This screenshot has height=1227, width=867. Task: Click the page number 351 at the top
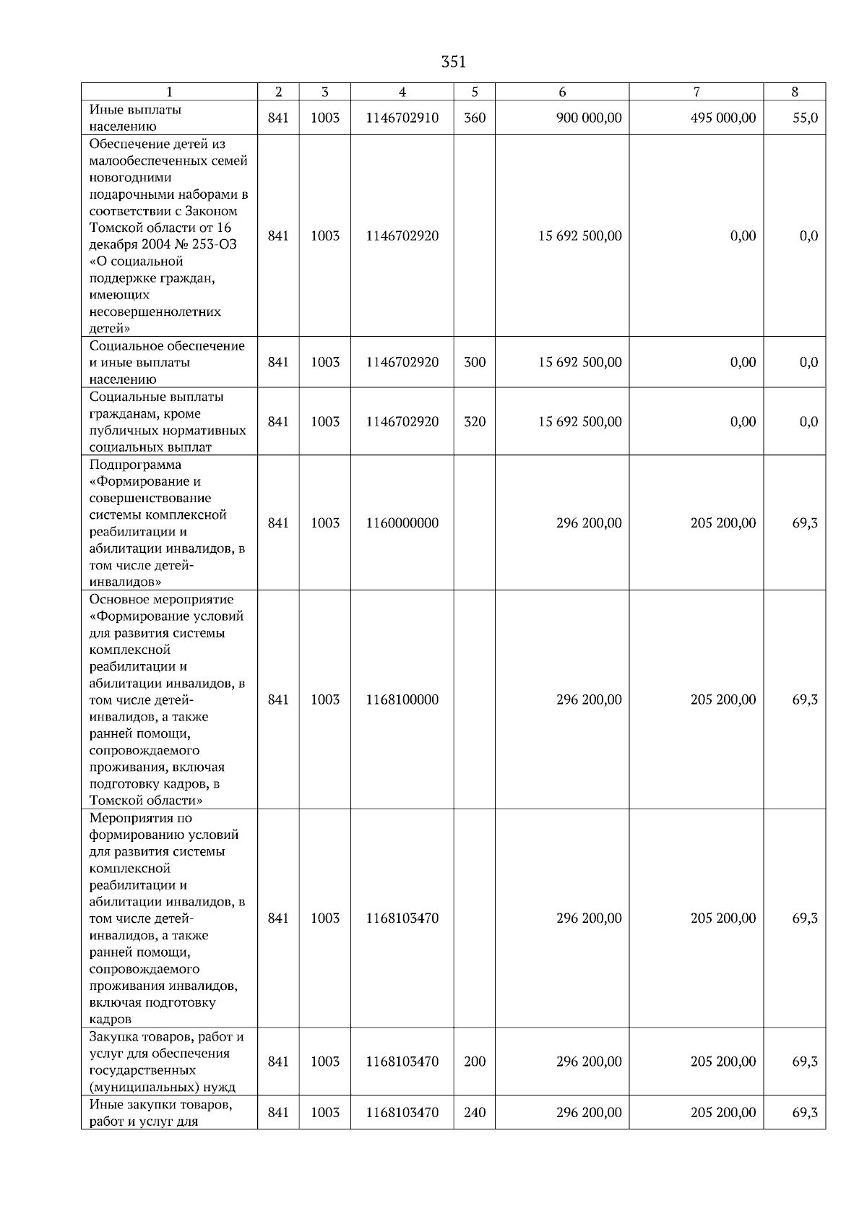tap(453, 62)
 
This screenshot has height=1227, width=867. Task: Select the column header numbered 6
tap(562, 92)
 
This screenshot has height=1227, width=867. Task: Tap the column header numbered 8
tap(795, 92)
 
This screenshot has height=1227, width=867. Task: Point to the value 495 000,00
tap(723, 118)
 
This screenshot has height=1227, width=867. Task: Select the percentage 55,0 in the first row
tap(805, 118)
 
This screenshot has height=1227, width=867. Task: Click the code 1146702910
tap(402, 118)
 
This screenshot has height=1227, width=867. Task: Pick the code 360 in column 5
tap(474, 118)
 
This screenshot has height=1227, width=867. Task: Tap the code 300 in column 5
tap(474, 362)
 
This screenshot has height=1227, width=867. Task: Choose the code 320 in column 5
tap(474, 421)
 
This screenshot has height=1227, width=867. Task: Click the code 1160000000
tap(402, 522)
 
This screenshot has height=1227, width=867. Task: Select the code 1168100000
tap(402, 699)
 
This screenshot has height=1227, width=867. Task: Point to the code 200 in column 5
tap(474, 1062)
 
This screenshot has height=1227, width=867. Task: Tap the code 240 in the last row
tap(474, 1112)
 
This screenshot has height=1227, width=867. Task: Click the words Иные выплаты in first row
tap(135, 110)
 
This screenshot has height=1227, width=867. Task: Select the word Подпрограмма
tap(135, 465)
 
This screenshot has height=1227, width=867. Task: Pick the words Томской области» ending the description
tap(145, 800)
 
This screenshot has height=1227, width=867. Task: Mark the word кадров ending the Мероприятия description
tap(111, 1019)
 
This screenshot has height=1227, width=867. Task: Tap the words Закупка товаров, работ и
tap(166, 1036)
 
